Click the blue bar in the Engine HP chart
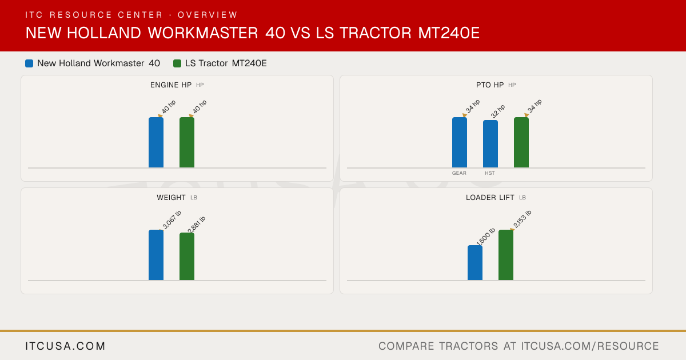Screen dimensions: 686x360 pyautogui.click(x=156, y=142)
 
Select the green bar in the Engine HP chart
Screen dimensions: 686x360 pyautogui.click(x=187, y=142)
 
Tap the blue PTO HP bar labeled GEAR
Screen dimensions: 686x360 pyautogui.click(x=460, y=142)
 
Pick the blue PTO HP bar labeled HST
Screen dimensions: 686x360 pyautogui.click(x=490, y=144)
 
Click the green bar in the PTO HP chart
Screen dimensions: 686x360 pyautogui.click(x=521, y=142)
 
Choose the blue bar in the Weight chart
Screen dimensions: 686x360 pyautogui.click(x=156, y=255)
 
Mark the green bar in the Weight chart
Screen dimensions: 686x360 pyautogui.click(x=187, y=257)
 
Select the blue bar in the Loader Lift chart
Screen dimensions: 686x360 pyautogui.click(x=475, y=263)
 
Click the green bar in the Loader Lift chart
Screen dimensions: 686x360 pyautogui.click(x=506, y=255)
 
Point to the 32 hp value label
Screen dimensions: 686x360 pyautogui.click(x=498, y=111)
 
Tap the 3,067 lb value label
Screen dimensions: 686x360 pyautogui.click(x=172, y=219)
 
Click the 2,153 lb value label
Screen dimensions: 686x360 pyautogui.click(x=522, y=219)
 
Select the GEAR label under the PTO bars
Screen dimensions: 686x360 pyautogui.click(x=459, y=173)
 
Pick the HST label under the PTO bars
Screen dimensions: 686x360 pyautogui.click(x=490, y=173)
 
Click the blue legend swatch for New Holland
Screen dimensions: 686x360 pyautogui.click(x=29, y=63)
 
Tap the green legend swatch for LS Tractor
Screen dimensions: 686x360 pyautogui.click(x=177, y=63)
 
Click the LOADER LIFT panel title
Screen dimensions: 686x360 pyautogui.click(x=490, y=198)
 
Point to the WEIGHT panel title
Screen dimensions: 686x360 pyautogui.click(x=171, y=198)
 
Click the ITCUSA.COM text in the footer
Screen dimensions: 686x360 pyautogui.click(x=65, y=346)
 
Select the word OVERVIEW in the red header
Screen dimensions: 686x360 pyautogui.click(x=208, y=15)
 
